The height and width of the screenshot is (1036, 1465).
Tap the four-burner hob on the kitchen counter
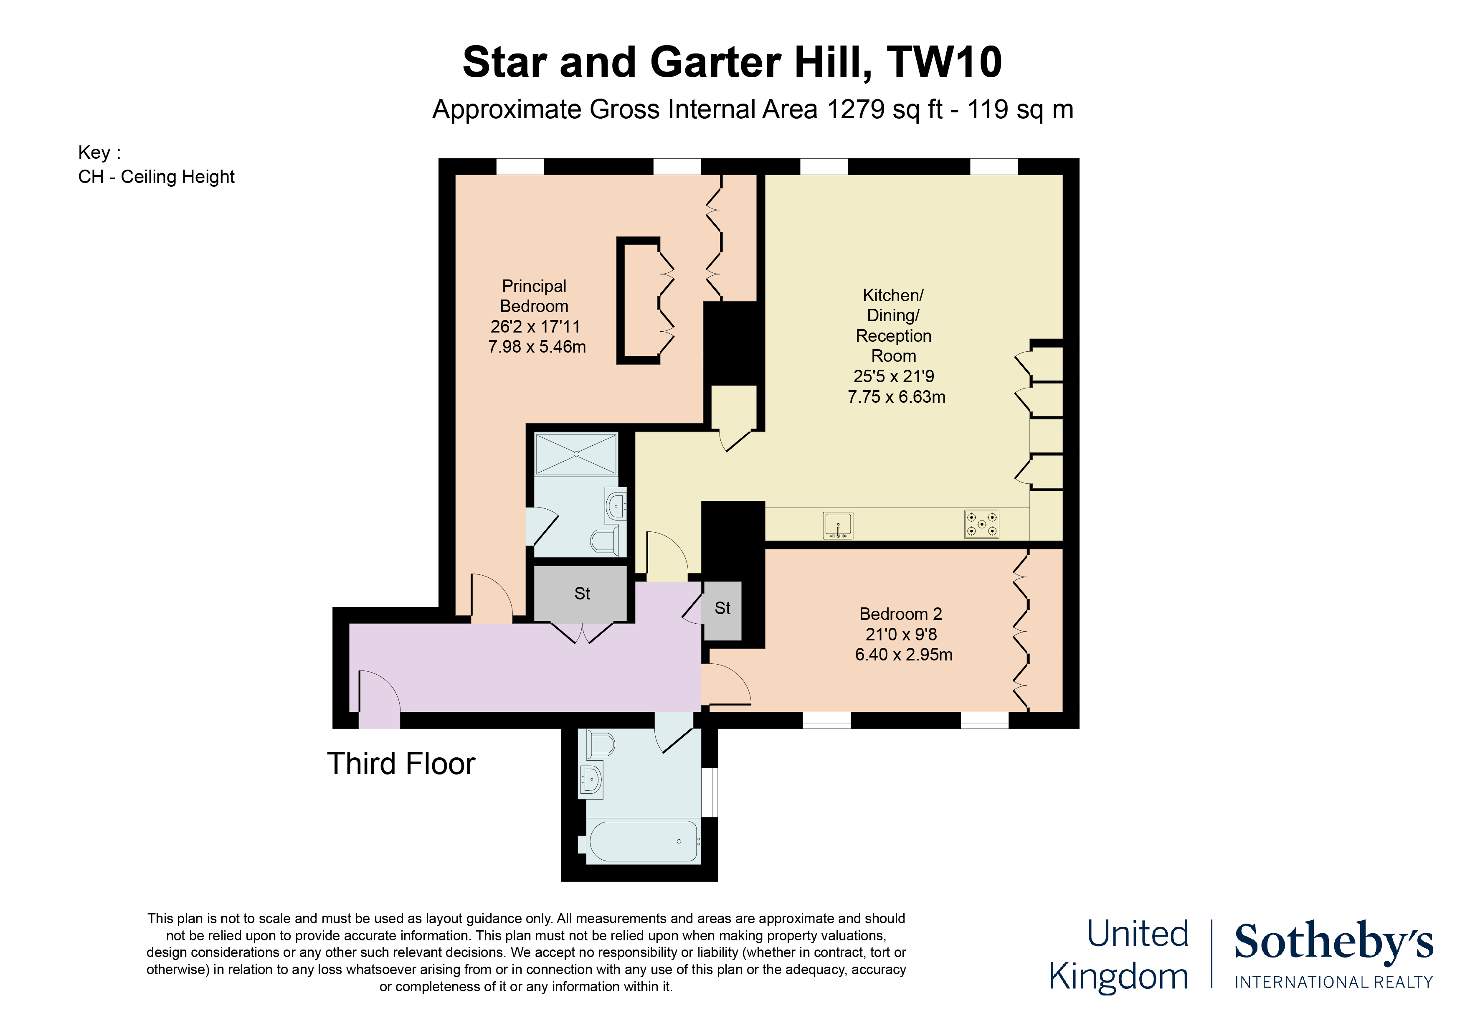click(x=981, y=524)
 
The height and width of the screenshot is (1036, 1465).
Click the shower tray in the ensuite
click(x=576, y=454)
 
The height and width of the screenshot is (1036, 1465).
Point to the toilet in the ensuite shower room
click(x=606, y=542)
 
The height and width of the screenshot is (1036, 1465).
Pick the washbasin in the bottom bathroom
click(x=591, y=780)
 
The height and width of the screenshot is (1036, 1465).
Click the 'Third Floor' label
click(x=401, y=764)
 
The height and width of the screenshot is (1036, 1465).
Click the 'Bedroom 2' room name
click(x=900, y=614)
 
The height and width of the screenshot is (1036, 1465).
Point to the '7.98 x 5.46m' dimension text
click(x=537, y=347)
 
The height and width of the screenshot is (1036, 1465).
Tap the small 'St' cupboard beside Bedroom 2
click(x=722, y=609)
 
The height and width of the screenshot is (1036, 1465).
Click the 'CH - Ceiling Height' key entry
click(x=156, y=177)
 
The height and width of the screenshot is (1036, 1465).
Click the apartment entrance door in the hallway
click(x=379, y=693)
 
